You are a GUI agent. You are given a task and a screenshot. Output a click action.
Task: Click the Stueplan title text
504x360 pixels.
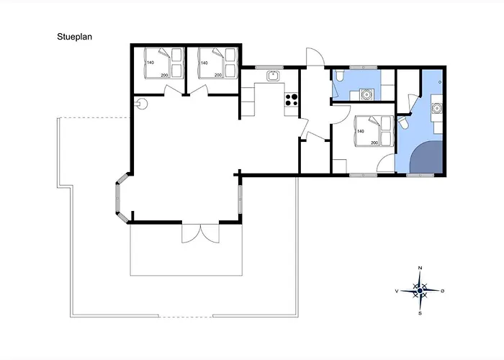point(75,37)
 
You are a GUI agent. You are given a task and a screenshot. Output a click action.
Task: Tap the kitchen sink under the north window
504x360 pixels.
point(273,76)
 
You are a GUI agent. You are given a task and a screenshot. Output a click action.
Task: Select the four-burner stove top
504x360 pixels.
point(291,99)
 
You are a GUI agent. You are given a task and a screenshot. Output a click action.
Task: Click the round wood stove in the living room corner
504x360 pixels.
point(142,104)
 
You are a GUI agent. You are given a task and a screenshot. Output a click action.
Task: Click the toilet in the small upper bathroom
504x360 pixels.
point(339,76)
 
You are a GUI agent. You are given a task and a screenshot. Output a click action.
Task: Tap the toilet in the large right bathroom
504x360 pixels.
point(402,123)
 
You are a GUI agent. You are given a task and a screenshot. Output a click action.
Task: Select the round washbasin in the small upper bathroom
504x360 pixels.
point(366,94)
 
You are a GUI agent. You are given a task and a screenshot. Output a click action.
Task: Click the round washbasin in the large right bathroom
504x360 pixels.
point(437,108)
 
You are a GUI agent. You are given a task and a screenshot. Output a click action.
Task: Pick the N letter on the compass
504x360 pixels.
point(420,268)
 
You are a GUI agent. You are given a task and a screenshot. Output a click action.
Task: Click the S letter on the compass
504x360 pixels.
point(420,313)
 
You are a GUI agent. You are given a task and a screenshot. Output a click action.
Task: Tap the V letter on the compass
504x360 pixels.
point(397,291)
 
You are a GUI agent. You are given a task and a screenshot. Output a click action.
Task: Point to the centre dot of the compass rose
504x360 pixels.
point(420,291)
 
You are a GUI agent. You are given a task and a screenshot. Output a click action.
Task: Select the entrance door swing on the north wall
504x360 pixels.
point(315,57)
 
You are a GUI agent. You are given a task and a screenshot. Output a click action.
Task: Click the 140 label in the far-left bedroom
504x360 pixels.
point(150,63)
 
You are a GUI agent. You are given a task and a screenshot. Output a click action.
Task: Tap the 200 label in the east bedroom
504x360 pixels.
point(374,143)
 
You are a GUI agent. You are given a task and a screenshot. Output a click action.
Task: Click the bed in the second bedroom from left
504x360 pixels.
point(218,63)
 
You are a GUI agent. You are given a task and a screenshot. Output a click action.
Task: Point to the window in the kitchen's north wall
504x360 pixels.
point(269,68)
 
